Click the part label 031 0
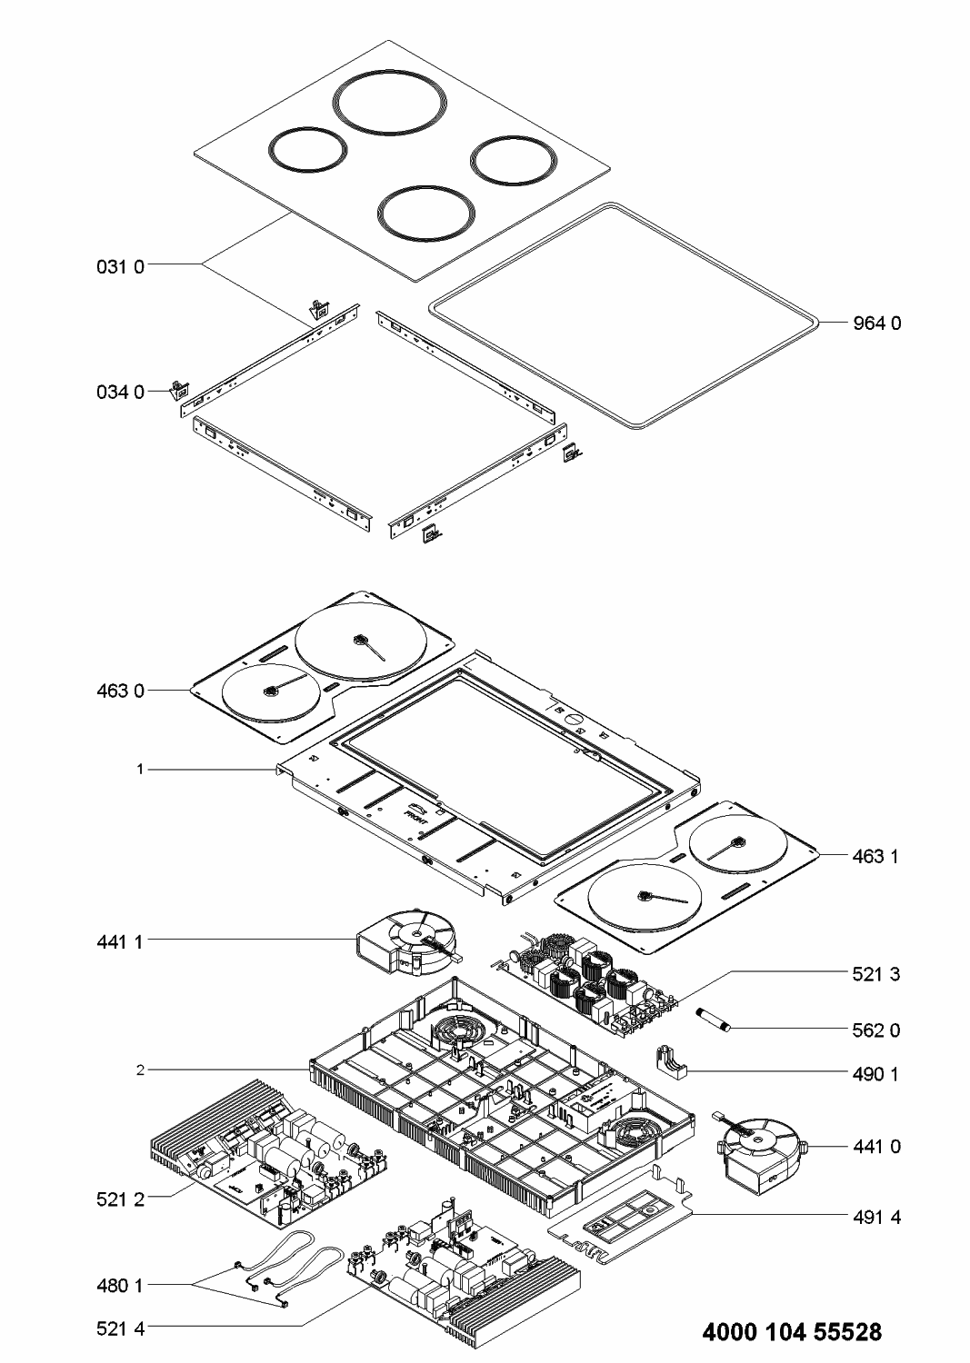(121, 266)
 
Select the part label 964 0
(877, 323)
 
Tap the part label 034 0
(121, 392)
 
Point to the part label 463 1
(875, 857)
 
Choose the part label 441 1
(120, 942)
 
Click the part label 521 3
(876, 974)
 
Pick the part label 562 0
(876, 1030)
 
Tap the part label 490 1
(875, 1074)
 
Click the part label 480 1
(120, 1286)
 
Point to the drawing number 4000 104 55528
(792, 1332)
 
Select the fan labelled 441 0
(761, 1149)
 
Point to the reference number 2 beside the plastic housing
(140, 1070)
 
